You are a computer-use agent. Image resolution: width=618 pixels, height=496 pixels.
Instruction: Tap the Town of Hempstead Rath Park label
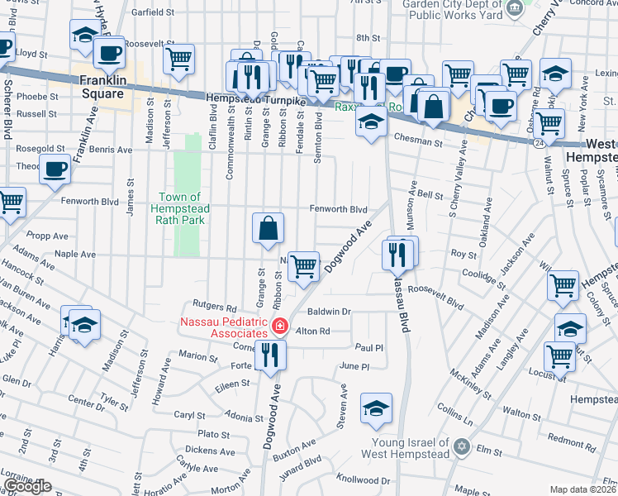point(180,208)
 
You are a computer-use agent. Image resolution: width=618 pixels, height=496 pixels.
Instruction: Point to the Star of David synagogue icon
point(462,447)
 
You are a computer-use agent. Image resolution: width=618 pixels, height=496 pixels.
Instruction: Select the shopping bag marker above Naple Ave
point(269,229)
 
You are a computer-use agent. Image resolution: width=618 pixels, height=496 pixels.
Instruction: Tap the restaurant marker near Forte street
point(270,355)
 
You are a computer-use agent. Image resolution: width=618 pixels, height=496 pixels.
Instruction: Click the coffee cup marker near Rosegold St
point(55,170)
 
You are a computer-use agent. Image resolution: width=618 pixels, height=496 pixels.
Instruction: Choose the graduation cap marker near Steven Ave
point(376,408)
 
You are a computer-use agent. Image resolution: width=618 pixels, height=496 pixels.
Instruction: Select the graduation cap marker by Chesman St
point(372,122)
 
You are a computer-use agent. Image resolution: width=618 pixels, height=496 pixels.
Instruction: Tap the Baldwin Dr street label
point(330,312)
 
